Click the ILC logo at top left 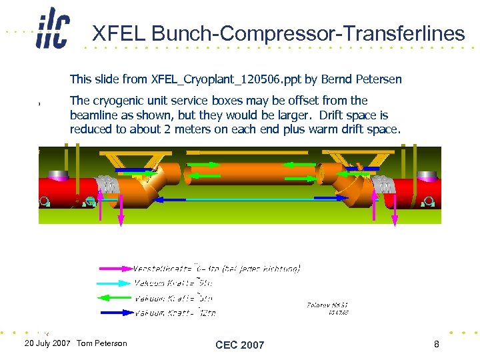point(52,28)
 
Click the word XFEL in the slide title point(116,33)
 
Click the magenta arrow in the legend point(115,269)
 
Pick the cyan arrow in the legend point(115,283)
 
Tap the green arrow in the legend point(115,298)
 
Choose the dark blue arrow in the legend point(115,312)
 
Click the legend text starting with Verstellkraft point(217,269)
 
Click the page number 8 point(436,344)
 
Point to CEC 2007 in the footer point(239,345)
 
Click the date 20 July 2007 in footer point(47,343)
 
